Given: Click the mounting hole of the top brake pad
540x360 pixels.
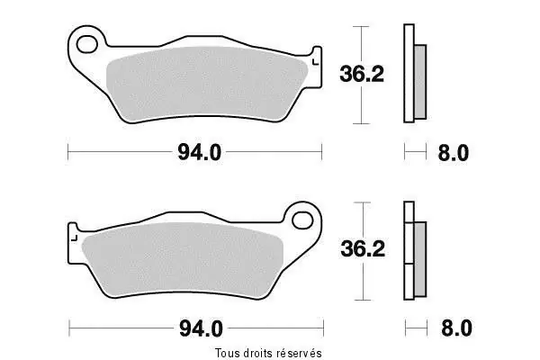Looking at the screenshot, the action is [86, 44].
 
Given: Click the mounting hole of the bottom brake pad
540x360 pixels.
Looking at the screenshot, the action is [302, 220].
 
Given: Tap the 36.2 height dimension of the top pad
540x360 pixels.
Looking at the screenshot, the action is [362, 74].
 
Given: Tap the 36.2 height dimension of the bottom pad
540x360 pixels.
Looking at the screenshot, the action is [363, 248].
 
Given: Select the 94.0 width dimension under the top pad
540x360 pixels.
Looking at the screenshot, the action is [200, 152].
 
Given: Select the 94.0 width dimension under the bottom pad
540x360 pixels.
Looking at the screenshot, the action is [201, 328].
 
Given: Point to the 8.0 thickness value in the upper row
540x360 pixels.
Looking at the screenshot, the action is [454, 153].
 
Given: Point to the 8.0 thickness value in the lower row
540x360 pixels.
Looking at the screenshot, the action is [456, 328].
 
